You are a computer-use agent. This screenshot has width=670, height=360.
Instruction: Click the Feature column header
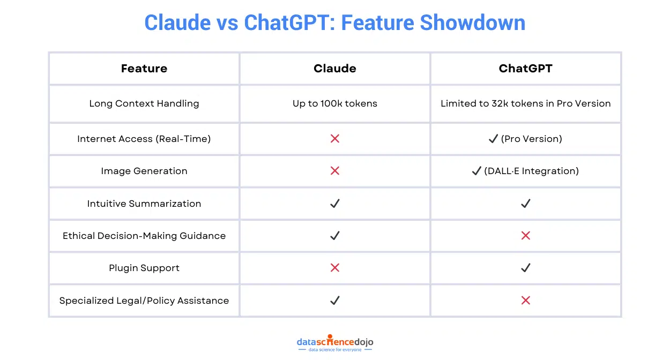tap(144, 69)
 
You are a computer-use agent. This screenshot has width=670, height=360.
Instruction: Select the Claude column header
tap(334, 69)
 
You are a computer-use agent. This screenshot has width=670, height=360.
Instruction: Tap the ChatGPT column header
tap(525, 69)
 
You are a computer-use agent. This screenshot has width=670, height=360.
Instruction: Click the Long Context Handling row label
tap(144, 103)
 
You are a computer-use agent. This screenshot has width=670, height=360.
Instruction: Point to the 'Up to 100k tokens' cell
tap(334, 103)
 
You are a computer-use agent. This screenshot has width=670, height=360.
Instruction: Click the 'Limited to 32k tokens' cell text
tap(525, 103)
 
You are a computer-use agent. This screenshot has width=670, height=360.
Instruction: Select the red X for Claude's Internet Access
tap(335, 139)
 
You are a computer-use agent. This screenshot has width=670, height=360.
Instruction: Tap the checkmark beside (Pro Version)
tap(493, 139)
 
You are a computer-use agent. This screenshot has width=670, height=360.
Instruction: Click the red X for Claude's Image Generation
tap(335, 171)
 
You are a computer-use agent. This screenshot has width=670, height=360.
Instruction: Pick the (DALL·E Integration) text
tap(531, 171)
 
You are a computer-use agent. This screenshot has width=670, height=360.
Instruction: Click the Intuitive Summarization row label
tap(144, 204)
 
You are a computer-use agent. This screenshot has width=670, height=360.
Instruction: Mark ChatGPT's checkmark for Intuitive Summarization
tap(525, 204)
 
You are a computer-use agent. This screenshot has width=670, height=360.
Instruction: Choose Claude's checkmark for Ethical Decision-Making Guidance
tap(335, 236)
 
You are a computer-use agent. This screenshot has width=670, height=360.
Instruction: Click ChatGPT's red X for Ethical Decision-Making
tap(525, 236)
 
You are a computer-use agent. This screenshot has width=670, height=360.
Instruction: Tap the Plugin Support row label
tap(144, 268)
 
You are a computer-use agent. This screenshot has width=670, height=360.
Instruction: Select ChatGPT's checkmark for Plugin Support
tap(525, 268)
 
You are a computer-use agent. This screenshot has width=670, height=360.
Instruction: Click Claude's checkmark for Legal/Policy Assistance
tap(335, 301)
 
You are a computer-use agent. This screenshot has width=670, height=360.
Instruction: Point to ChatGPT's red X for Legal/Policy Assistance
tap(525, 301)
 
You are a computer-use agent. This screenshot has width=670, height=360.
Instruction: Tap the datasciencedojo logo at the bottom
tap(334, 343)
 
